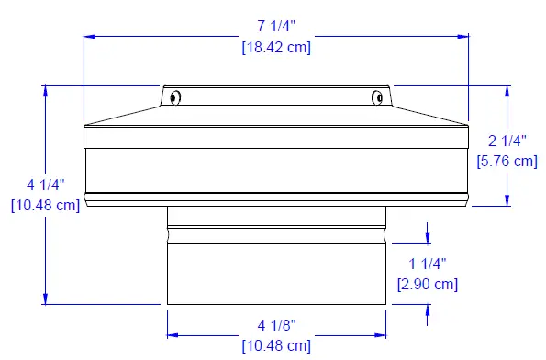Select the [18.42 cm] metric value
point(276,48)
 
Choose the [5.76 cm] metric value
point(507,161)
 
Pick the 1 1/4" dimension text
point(427,264)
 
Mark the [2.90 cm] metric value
point(427,284)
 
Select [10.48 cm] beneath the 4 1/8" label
point(276,346)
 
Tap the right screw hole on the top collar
point(377,96)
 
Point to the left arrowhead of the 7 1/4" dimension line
point(88,37)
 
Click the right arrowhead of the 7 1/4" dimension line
point(463,37)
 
